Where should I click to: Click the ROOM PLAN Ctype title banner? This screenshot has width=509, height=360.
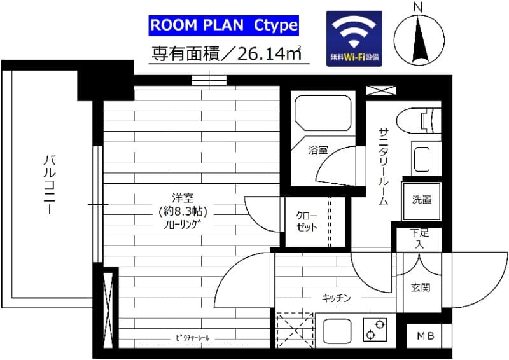224,25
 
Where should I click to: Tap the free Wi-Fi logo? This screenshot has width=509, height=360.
354,39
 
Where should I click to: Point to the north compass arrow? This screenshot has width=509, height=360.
419,41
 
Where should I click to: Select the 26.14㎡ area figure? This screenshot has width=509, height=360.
269,54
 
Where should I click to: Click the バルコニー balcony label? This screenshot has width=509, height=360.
50,185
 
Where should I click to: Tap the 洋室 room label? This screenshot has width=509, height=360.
183,198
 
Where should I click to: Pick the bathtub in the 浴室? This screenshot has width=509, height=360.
323,113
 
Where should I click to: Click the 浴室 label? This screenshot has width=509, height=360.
317,150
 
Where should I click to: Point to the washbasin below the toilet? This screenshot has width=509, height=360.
422,159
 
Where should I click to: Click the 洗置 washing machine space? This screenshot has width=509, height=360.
421,200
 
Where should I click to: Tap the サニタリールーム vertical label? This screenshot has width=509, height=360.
384,167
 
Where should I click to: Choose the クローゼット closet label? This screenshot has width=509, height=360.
307,221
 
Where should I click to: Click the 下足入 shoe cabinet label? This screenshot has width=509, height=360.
419,239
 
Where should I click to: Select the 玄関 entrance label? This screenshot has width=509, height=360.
421,287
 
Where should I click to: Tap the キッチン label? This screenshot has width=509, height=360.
337,298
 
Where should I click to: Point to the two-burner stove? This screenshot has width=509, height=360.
375,330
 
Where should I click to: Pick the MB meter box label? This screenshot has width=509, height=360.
426,336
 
